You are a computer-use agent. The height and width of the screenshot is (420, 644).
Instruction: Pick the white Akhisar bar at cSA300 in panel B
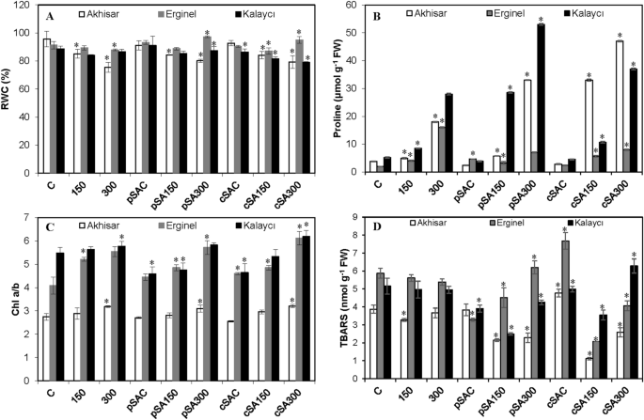click(x=594, y=107)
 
